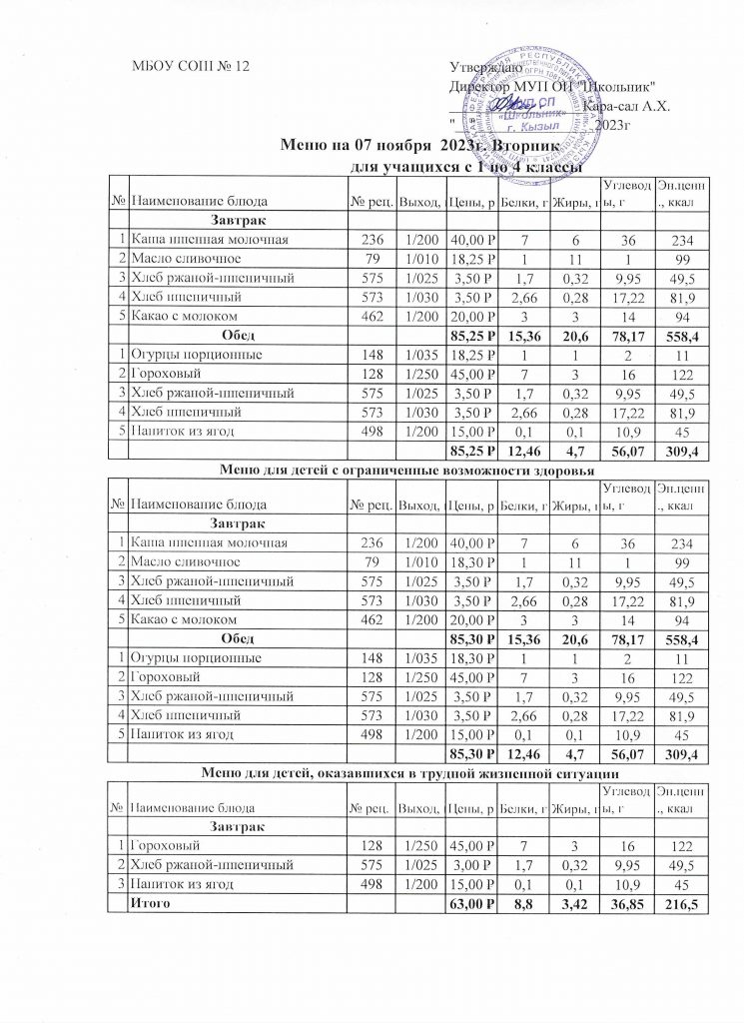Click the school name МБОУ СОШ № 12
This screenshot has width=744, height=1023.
(190, 66)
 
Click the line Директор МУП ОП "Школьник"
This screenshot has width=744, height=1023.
(552, 86)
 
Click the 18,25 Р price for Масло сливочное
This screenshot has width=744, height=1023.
(472, 259)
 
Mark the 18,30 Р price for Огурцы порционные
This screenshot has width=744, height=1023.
(472, 658)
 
